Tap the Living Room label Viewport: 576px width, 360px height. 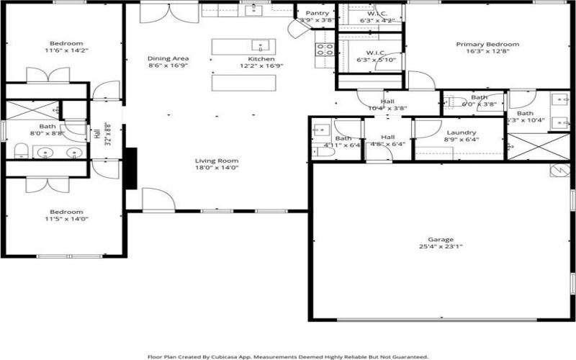point(217,161)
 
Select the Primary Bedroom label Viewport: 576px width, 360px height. point(487,44)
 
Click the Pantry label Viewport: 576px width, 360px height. point(318,13)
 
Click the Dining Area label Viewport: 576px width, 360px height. point(168,58)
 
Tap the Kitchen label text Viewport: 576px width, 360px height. point(261,58)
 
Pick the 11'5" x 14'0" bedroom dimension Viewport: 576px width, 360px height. point(66,219)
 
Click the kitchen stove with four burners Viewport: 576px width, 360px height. point(324,50)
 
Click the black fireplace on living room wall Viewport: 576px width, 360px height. point(131,168)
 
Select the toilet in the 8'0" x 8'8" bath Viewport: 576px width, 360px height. point(21,150)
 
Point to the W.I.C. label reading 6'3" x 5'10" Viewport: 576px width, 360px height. point(375,56)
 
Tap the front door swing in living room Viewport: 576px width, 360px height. point(156,199)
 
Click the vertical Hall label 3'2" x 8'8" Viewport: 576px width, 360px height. point(102,134)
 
